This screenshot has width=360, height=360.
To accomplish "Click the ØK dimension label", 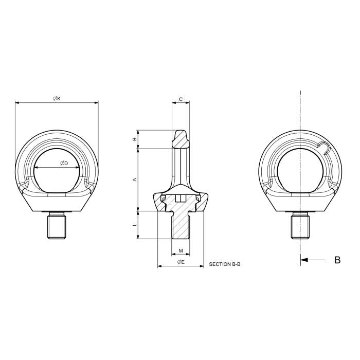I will coord(57,98).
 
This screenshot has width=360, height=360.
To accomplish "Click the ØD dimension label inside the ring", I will coord(64,164).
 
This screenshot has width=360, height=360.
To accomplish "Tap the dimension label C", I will coord(181,99).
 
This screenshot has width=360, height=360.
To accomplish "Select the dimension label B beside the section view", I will coord(135,139).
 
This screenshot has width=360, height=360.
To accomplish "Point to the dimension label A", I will coord(135,179).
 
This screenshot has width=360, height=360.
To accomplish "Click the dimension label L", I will coord(135,225).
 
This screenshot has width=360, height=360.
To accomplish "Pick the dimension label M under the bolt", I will coord(181,251).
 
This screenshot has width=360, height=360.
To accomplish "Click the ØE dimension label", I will coord(181,262).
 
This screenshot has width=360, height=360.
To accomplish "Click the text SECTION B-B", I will coord(225,264).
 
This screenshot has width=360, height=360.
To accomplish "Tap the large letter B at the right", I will coord(337,260).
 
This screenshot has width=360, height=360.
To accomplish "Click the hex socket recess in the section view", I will coord(181,199).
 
